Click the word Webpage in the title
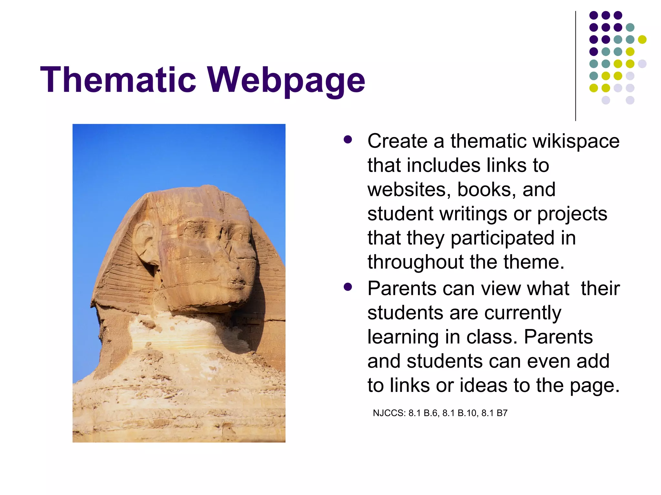tap(286, 81)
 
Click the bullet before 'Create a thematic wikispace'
tap(348, 140)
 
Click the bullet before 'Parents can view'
tap(348, 287)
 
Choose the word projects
tap(572, 214)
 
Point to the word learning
tap(403, 337)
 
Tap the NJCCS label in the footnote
tap(389, 413)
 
